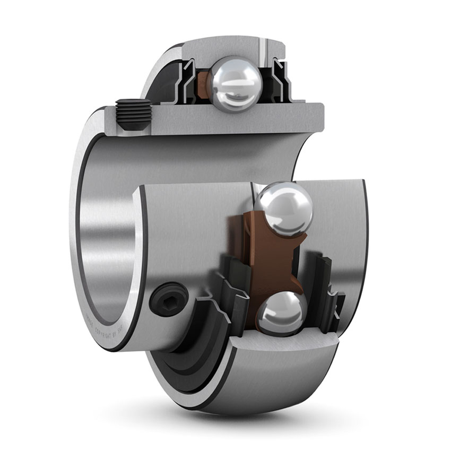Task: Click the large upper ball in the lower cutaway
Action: (x=284, y=210)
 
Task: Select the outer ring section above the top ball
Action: (x=233, y=50)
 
